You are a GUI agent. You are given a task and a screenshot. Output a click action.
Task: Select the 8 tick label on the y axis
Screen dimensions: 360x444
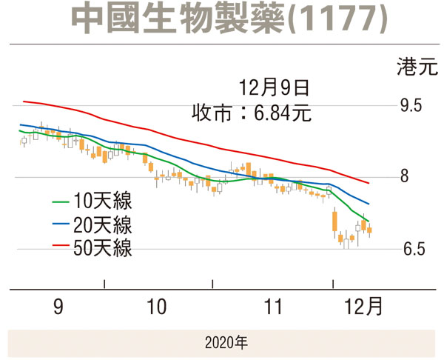(405, 176)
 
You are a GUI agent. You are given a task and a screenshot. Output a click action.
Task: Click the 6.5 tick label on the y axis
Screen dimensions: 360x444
(412, 250)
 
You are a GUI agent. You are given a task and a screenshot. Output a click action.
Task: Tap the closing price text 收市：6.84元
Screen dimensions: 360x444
(251, 114)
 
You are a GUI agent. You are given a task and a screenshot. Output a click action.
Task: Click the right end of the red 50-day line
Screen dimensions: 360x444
(369, 182)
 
